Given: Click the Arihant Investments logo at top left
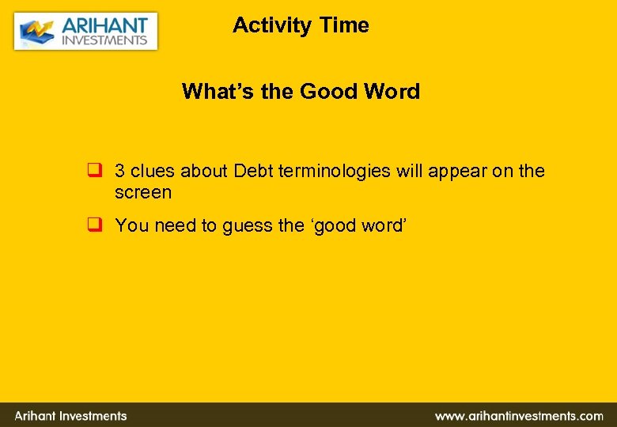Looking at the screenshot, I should [x=85, y=31].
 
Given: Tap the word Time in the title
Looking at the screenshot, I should [x=344, y=25].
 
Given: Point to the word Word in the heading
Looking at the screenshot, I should [x=392, y=92].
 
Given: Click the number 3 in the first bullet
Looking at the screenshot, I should [x=119, y=171].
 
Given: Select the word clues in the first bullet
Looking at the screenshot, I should [x=153, y=171].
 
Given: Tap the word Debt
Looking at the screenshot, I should [x=252, y=171].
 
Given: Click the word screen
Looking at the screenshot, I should [x=143, y=192].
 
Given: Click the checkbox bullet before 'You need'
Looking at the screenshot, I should [x=93, y=225].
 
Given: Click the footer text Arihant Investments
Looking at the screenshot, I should [x=70, y=416].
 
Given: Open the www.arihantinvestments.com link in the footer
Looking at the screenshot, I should [x=519, y=416].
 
